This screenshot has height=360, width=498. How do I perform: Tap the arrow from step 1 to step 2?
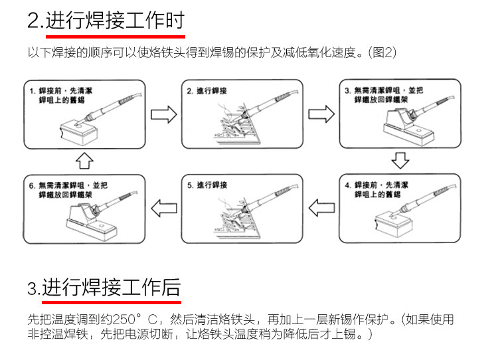[x=164, y=114]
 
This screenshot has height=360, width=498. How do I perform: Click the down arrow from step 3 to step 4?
[x=398, y=161]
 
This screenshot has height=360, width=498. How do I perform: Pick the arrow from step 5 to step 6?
[x=164, y=209]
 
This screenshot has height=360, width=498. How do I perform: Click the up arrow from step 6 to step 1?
[x=85, y=161]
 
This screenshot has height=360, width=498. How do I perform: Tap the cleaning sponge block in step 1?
[x=78, y=131]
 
